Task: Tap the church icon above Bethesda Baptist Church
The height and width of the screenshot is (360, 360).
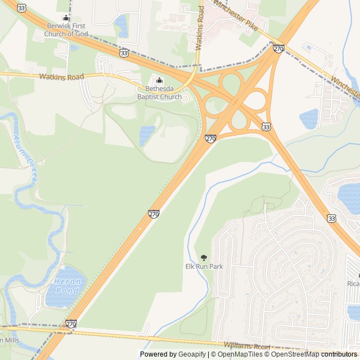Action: pos(159,80)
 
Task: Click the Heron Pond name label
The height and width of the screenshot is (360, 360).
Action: pos(68,285)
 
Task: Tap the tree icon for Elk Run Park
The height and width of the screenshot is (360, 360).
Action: pos(204,257)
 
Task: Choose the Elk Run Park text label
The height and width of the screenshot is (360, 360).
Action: pos(204,266)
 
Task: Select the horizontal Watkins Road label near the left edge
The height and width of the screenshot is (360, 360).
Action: pos(61,76)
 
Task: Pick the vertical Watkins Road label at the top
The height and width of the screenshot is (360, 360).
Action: pos(200,29)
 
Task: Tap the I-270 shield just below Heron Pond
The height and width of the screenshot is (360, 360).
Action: pos(71,324)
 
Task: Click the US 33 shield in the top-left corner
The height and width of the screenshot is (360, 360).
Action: pos(21,7)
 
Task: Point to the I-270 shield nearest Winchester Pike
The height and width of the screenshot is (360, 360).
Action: pos(278,49)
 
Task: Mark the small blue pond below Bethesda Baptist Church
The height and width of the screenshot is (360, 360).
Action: pos(147,135)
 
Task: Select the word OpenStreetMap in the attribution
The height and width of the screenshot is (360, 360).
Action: pos(295,354)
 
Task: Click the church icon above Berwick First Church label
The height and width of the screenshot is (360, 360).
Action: pos(66,18)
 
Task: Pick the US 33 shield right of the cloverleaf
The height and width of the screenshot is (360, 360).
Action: pos(266,128)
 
